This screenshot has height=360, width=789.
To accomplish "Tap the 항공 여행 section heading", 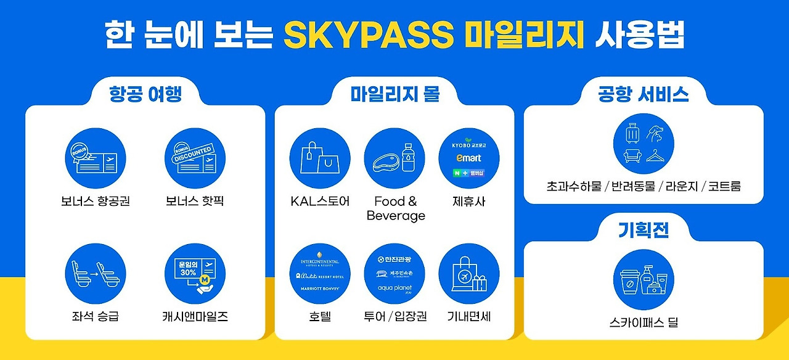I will [145, 94].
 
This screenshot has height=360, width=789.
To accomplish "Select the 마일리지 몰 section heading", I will [394, 94].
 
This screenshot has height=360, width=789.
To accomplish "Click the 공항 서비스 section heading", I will [644, 94].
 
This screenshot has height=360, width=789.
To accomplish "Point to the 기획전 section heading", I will [644, 230].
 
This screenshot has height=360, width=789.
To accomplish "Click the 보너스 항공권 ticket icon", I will [96, 158].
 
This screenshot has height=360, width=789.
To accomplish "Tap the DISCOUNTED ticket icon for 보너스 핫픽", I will [195, 158].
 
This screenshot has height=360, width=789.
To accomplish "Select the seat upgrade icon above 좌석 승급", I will [96, 274].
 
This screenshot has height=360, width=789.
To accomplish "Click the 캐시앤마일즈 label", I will [195, 317].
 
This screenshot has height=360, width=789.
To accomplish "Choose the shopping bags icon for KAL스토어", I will [320, 158].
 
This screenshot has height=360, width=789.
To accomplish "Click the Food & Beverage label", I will [396, 208].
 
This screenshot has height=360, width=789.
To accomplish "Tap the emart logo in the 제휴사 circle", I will [469, 158].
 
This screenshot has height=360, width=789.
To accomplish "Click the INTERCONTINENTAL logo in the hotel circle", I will [319, 261].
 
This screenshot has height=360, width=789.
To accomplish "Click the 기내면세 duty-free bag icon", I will [469, 274].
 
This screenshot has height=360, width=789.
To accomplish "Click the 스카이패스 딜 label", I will [644, 322].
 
